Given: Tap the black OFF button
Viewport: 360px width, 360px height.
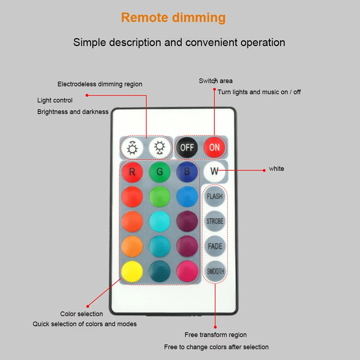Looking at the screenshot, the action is (x=187, y=147).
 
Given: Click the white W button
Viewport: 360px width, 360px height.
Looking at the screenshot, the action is (x=214, y=171).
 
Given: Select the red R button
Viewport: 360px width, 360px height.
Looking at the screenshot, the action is (x=132, y=172).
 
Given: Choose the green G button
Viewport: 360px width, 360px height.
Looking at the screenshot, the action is (x=159, y=172).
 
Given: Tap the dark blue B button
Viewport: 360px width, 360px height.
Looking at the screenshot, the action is (x=187, y=172).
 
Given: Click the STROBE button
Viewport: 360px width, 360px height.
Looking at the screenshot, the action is (x=215, y=221).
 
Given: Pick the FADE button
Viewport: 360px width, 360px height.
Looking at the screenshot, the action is (x=215, y=246).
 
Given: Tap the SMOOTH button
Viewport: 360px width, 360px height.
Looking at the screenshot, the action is (x=215, y=272).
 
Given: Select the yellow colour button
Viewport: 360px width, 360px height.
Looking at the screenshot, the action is (x=132, y=271).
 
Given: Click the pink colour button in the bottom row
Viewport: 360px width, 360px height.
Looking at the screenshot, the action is (x=187, y=271).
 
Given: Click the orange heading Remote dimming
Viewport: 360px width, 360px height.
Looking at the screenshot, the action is (x=173, y=17).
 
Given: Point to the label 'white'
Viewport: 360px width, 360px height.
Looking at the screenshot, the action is (x=276, y=169).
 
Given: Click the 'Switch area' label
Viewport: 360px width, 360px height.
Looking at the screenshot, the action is (x=215, y=81).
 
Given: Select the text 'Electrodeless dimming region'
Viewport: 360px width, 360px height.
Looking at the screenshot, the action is (x=100, y=84).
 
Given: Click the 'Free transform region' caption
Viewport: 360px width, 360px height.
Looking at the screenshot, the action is (x=215, y=335).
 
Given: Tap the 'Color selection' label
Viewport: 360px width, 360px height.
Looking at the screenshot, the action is (x=81, y=314).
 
